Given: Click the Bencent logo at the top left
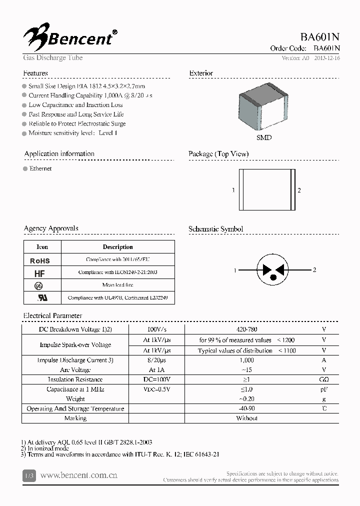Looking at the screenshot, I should (x=70, y=36).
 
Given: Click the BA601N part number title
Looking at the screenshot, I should (x=320, y=37).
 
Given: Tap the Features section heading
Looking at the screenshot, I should (x=35, y=73).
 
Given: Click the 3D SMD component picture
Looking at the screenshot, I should (x=264, y=110).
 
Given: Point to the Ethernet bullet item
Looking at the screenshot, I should (x=40, y=168).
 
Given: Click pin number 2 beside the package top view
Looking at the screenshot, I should (x=299, y=190).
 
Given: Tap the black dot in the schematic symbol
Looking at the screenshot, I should (x=273, y=276).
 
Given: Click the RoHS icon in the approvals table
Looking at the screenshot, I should (x=40, y=260).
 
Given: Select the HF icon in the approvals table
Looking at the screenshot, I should (x=40, y=273).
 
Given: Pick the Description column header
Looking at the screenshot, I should (x=117, y=247).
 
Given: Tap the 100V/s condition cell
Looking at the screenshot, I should (x=156, y=329).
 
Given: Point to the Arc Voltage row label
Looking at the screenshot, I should (x=75, y=370).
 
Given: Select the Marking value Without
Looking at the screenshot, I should (x=246, y=418).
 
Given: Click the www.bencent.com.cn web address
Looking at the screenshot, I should (x=78, y=475).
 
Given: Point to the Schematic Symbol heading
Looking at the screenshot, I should (x=215, y=229).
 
